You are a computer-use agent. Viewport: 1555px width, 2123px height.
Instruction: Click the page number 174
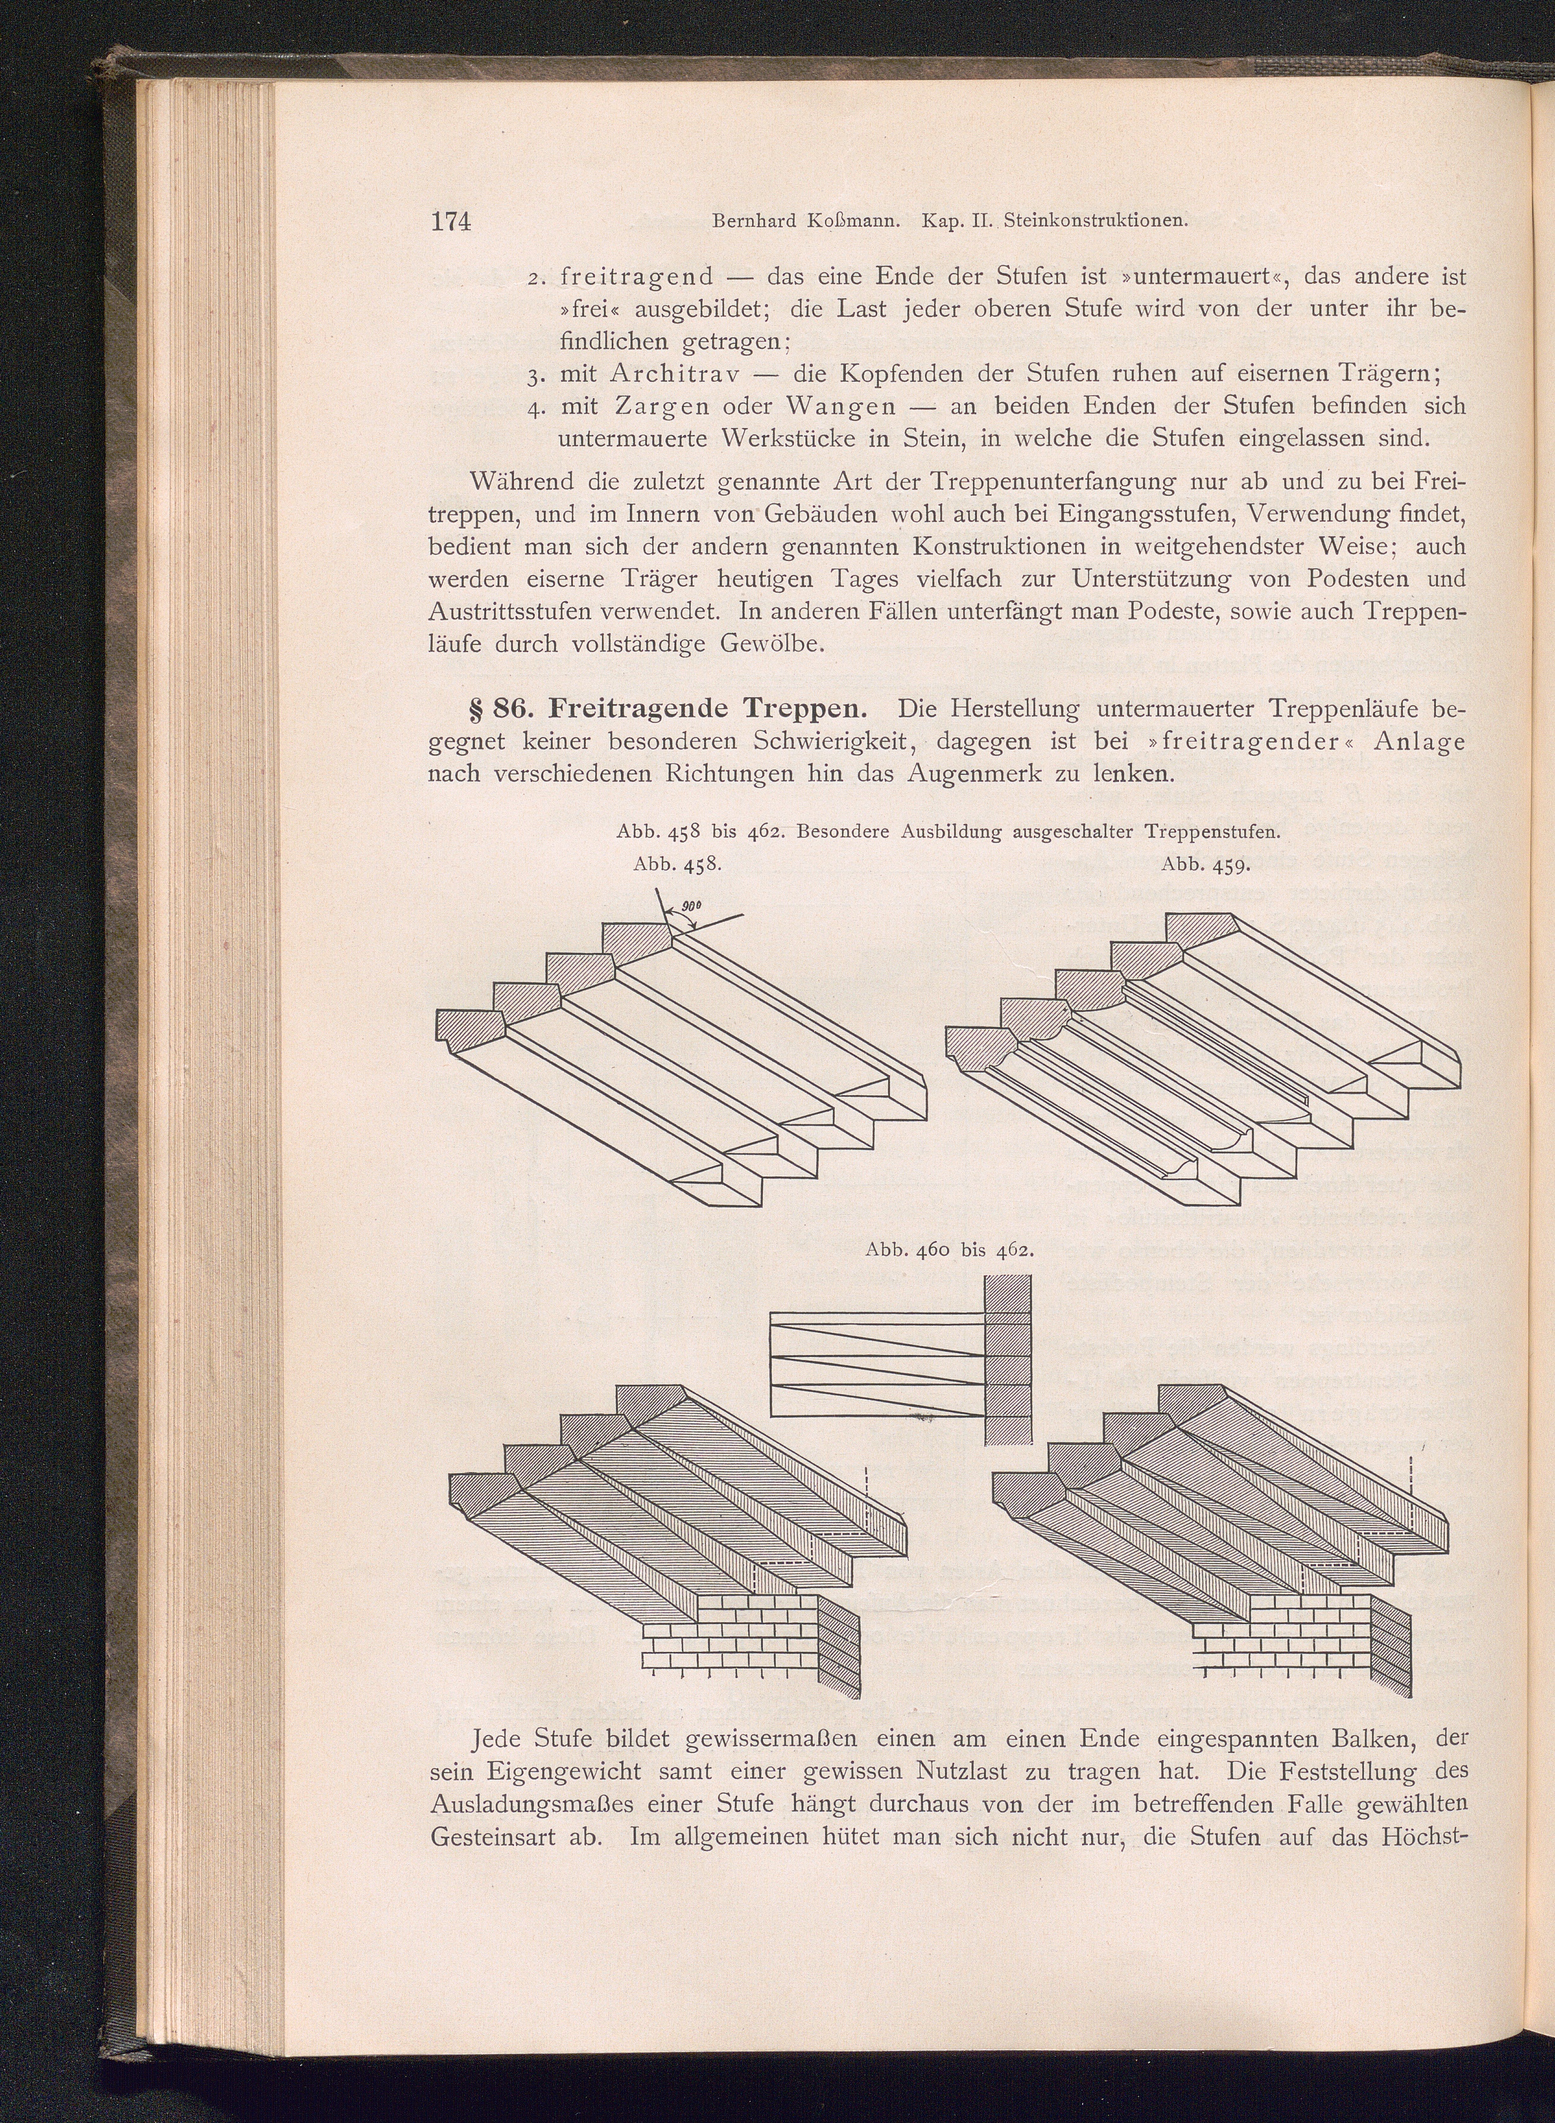[450, 221]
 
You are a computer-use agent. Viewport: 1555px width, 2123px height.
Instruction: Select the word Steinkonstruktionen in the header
[1097, 222]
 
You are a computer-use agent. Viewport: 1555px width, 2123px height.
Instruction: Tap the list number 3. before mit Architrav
[538, 375]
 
